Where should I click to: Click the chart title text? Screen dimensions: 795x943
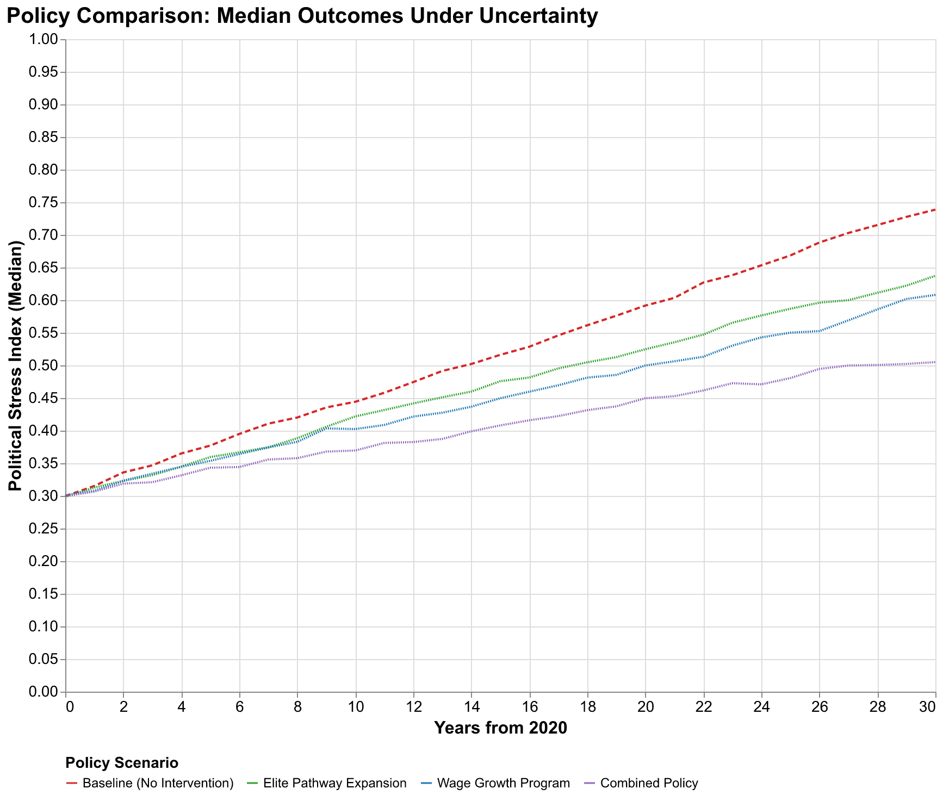coord(302,16)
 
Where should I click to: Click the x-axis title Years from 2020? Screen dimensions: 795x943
coord(500,728)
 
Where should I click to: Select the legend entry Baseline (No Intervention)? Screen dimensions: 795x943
coord(158,784)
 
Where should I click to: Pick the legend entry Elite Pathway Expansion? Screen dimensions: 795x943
coord(334,784)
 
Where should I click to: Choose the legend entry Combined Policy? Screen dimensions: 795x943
coord(649,784)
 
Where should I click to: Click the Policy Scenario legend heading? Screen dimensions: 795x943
coord(121,763)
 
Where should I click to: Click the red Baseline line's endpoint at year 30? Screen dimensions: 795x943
coord(935,210)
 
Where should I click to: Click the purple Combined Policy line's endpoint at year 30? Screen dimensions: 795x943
coord(935,362)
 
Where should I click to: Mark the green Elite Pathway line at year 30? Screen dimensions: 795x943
coord(935,276)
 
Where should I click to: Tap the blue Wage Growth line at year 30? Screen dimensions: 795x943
coord(935,295)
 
